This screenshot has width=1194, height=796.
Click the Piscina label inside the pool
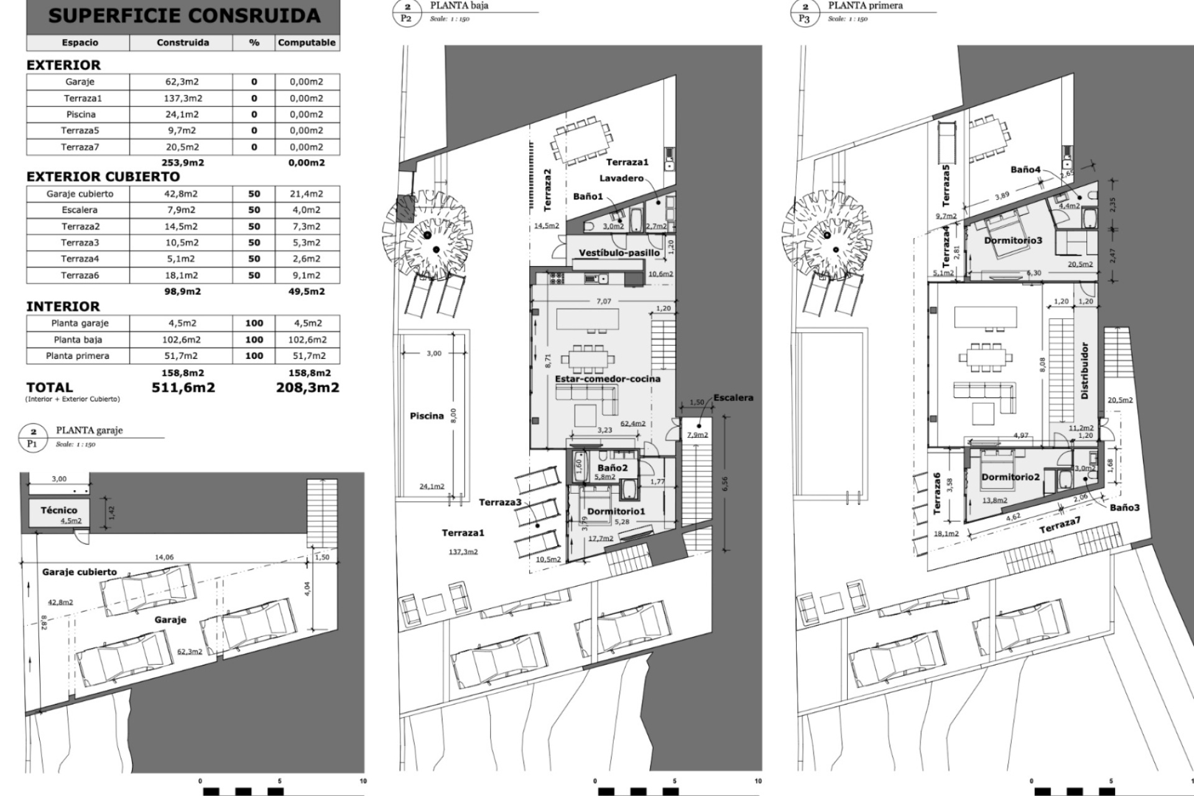(427, 416)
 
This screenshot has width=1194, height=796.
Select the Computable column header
(307, 43)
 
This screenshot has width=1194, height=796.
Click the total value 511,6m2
(183, 387)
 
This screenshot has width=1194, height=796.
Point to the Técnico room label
(59, 510)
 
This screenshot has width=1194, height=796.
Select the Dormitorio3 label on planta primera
(1013, 240)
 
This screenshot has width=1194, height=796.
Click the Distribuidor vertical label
(1085, 371)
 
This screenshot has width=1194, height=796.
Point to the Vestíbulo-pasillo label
(619, 253)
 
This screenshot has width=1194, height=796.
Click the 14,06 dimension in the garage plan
(164, 557)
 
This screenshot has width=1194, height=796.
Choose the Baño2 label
(613, 468)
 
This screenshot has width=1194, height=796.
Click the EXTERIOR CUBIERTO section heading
(103, 177)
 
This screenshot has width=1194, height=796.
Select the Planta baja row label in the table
(78, 340)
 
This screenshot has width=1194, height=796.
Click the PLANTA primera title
(865, 6)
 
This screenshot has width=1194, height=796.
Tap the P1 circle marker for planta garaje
(33, 438)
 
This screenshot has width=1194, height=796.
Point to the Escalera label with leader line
(733, 397)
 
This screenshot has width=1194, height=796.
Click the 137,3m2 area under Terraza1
(463, 552)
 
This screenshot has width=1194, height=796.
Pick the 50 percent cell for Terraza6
(254, 275)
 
